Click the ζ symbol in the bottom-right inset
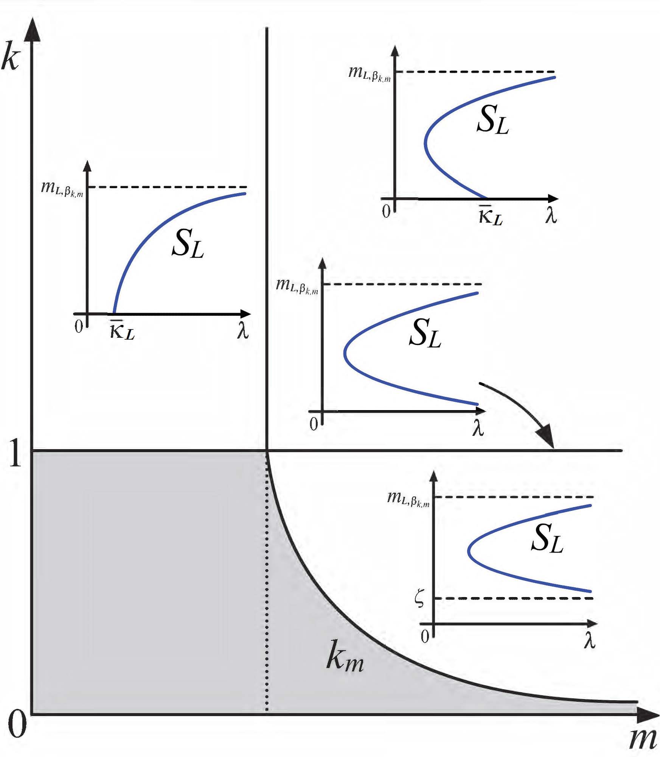pos(419,599)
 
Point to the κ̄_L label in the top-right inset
pos(490,216)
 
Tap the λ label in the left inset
pos(243,330)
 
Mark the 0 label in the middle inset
pos(314,424)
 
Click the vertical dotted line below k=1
pos(267,587)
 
